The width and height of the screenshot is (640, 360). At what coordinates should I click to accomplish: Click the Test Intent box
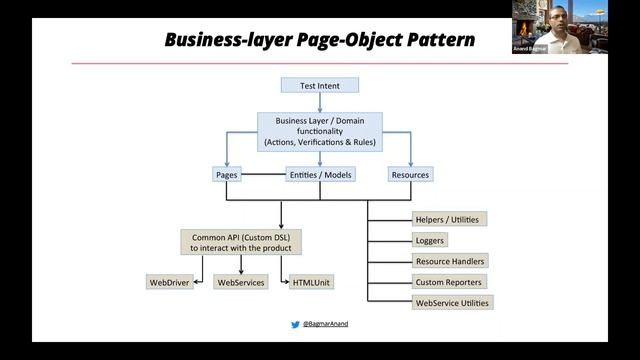tap(320, 85)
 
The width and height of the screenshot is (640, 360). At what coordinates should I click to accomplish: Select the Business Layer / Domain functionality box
tap(320, 132)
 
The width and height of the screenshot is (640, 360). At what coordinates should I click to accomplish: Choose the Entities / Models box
tap(320, 175)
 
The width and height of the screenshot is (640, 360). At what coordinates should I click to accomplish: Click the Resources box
tap(410, 175)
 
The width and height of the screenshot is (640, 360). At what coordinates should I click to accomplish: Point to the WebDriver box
tap(170, 283)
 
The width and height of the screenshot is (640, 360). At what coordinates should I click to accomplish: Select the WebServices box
tap(241, 283)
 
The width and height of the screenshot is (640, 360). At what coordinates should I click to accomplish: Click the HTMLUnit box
tap(311, 283)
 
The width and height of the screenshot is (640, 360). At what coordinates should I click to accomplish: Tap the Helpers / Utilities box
tap(446, 219)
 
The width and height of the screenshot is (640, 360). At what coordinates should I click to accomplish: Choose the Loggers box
tap(429, 240)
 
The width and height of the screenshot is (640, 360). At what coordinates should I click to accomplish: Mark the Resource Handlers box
tap(450, 261)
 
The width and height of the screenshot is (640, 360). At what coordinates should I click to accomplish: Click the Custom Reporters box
tap(449, 282)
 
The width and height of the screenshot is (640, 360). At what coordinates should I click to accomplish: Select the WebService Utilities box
tap(453, 302)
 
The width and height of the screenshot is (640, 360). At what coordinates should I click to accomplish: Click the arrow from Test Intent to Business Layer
tap(320, 102)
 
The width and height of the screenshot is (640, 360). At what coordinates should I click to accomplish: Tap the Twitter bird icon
tap(295, 325)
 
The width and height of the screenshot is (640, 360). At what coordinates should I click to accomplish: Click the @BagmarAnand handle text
tap(327, 325)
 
